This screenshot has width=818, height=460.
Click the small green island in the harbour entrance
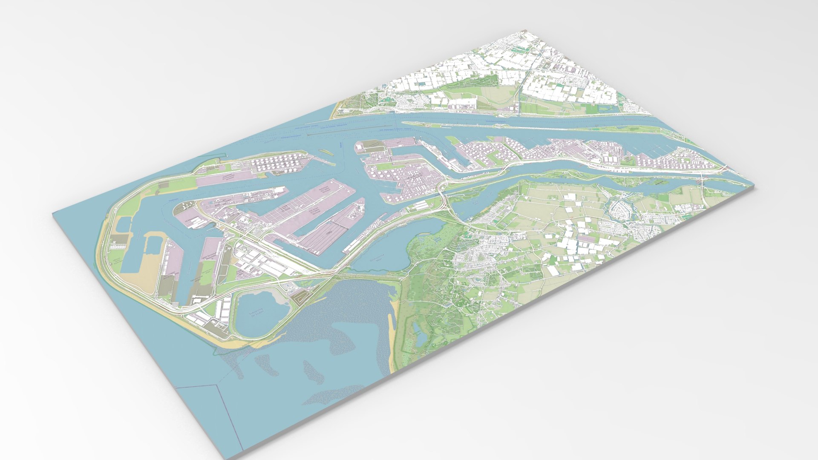coord(324,151)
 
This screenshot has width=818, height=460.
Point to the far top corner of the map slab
coord(524,30)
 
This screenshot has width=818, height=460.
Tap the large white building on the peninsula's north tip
coord(360,147)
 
